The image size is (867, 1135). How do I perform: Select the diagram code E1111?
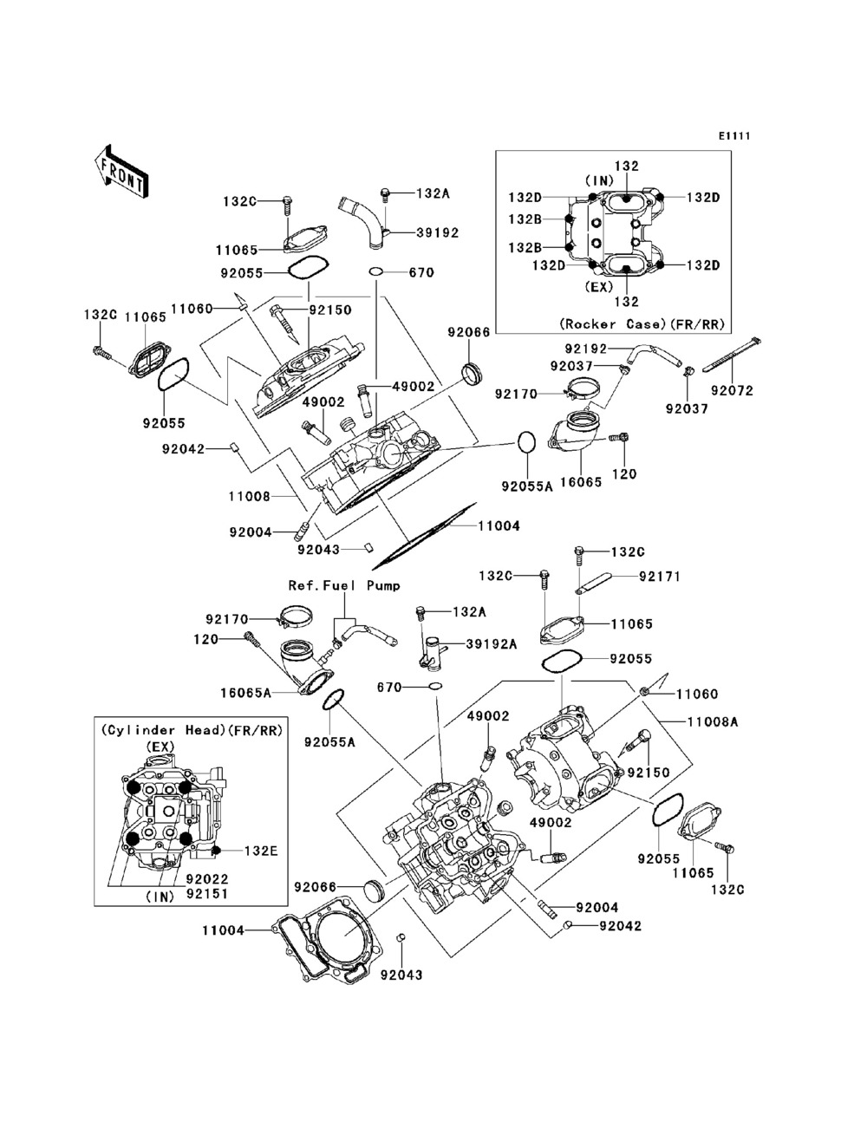coord(733,136)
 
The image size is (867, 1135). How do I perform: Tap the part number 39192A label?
coord(492,643)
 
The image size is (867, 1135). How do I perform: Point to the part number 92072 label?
coord(733,390)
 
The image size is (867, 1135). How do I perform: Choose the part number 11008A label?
coord(713,721)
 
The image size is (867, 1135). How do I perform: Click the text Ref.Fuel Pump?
coord(344,585)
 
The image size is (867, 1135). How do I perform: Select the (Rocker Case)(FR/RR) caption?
coord(642,323)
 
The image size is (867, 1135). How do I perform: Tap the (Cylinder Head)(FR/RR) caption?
coord(192,731)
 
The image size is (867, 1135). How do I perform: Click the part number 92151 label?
coord(199,892)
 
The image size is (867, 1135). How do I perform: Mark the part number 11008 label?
coord(249,497)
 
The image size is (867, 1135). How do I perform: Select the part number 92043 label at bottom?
coord(401,975)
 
